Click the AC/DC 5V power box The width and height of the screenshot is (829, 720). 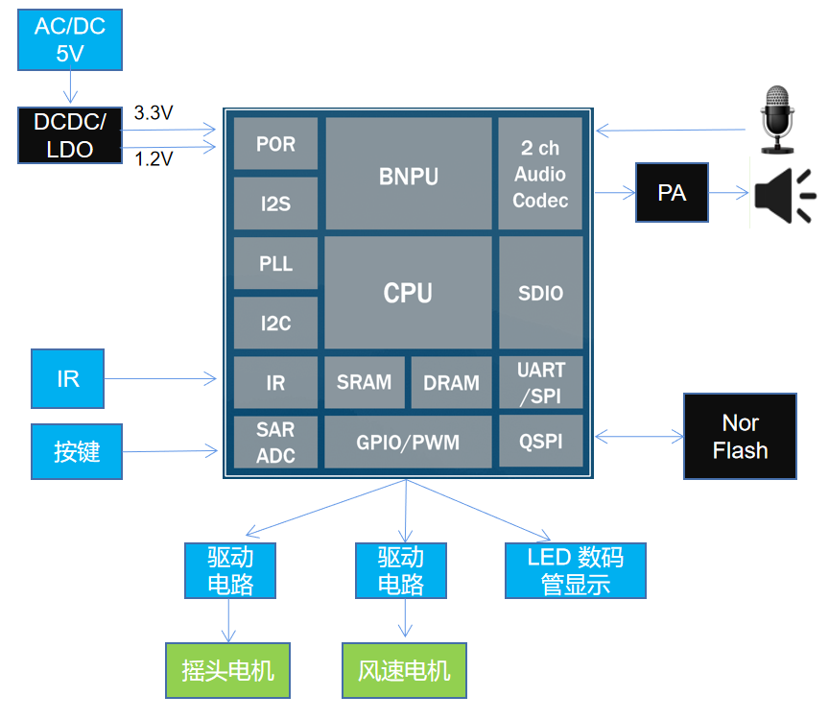coord(70,40)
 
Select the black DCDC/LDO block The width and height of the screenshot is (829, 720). coord(70,135)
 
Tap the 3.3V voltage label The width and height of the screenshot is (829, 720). coord(154,112)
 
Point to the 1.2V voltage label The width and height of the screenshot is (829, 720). coord(154,158)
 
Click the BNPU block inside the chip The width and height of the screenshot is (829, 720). coord(408,175)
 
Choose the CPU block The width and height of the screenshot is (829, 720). coord(408,293)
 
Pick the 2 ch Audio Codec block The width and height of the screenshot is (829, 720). coord(540,174)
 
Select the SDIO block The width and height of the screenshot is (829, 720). coord(540,293)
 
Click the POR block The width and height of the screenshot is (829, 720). coord(275,144)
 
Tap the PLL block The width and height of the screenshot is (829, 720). coord(275,263)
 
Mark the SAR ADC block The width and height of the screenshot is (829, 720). coord(275,443)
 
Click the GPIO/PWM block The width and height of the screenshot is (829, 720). coord(408,443)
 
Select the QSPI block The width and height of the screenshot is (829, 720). coord(540,443)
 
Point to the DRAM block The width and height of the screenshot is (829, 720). coord(451,382)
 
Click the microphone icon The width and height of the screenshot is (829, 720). coord(776,119)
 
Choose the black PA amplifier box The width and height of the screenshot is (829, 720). coord(672,193)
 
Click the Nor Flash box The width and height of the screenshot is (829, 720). coord(740,437)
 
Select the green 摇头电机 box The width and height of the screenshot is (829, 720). coord(227,670)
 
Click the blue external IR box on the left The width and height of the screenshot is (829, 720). coord(67,378)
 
